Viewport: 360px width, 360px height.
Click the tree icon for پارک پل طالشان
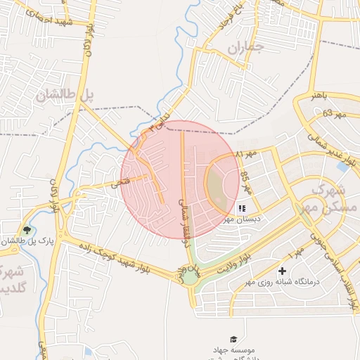(27, 230)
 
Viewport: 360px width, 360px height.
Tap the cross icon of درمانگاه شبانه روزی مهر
(283, 271)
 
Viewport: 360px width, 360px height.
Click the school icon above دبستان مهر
(242, 208)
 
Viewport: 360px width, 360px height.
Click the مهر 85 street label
(245, 182)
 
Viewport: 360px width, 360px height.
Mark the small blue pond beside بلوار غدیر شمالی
(343, 167)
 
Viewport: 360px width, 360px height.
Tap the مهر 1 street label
(296, 250)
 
